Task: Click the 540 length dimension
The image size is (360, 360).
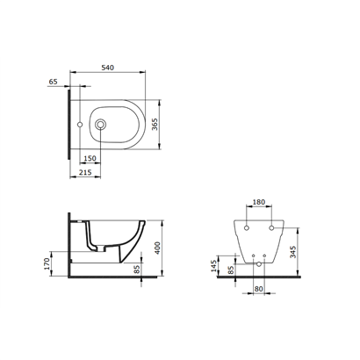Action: pyautogui.click(x=107, y=68)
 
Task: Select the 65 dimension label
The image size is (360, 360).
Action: pyautogui.click(x=53, y=82)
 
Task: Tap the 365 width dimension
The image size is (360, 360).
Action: pyautogui.click(x=155, y=125)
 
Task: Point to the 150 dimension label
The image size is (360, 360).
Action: pyautogui.click(x=90, y=158)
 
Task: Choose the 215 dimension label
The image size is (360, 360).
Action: pyautogui.click(x=85, y=172)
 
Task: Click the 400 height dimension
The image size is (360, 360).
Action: pyautogui.click(x=157, y=248)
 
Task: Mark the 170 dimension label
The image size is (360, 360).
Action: pyautogui.click(x=47, y=263)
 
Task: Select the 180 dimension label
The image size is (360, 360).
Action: pyautogui.click(x=259, y=202)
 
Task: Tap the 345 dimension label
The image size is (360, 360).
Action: pyautogui.click(x=292, y=252)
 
